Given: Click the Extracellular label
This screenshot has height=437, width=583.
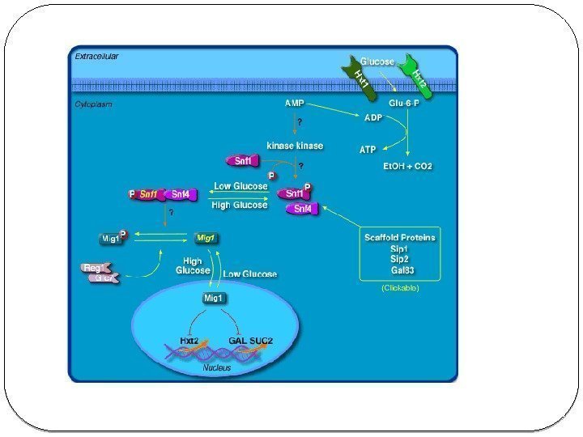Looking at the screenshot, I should click(97, 57).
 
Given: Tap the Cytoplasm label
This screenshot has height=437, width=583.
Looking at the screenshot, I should click(93, 104).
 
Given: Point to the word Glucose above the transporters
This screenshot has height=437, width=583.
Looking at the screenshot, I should click(377, 62).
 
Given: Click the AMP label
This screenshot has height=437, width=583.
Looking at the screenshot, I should click(295, 104).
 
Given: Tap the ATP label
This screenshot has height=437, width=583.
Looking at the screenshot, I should click(368, 149).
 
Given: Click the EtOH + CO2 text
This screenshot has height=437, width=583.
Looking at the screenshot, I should click(407, 166).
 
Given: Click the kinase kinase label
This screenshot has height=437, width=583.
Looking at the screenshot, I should click(295, 146).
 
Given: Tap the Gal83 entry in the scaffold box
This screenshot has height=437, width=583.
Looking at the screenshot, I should click(402, 269).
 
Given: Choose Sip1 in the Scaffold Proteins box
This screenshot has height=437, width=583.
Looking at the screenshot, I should click(399, 248).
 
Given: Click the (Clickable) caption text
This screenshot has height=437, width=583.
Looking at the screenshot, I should click(400, 287).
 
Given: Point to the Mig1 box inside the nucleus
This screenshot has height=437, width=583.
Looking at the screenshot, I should click(214, 298).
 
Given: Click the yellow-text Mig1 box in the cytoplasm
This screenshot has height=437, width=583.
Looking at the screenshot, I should click(206, 238).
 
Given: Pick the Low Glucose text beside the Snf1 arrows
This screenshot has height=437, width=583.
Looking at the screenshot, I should click(240, 186).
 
